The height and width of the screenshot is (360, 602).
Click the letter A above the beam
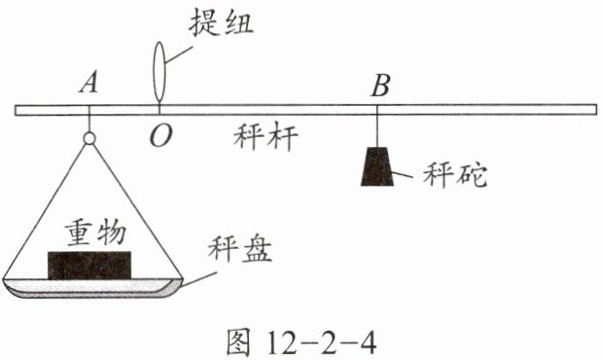click(x=89, y=84)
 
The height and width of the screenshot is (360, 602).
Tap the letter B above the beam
click(x=380, y=86)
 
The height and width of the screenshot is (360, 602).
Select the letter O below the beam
click(x=160, y=136)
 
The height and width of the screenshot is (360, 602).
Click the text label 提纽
click(x=221, y=22)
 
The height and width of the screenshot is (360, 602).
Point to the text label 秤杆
click(x=266, y=137)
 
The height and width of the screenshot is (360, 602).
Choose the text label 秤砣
click(x=455, y=175)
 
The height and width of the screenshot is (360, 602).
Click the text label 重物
click(x=95, y=233)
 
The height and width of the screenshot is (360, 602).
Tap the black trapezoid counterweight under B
click(x=377, y=166)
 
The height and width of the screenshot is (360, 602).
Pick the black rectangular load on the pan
click(x=89, y=266)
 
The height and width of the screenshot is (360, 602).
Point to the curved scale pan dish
click(x=91, y=288)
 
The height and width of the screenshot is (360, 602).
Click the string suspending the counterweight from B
click(x=377, y=131)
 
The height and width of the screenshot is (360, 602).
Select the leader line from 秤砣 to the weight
click(x=402, y=174)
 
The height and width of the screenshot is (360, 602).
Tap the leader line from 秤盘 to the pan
click(x=198, y=279)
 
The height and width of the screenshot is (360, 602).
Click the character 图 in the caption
click(x=238, y=342)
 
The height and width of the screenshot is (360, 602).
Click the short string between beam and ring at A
click(x=89, y=124)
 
